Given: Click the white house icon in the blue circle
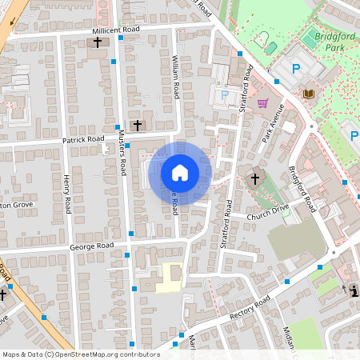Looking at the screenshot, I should pos(180,172).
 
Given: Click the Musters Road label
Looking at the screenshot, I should pos(122,154).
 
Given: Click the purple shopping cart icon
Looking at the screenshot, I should pos(263,102).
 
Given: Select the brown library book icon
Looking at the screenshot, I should pos(309,94).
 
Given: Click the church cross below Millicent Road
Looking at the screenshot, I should pos(98,42).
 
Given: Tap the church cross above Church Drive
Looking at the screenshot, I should pos(255,178).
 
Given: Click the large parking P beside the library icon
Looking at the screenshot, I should pos(296,70).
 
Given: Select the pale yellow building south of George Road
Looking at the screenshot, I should pos(170,276).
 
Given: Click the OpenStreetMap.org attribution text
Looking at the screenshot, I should pos(104,354).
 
